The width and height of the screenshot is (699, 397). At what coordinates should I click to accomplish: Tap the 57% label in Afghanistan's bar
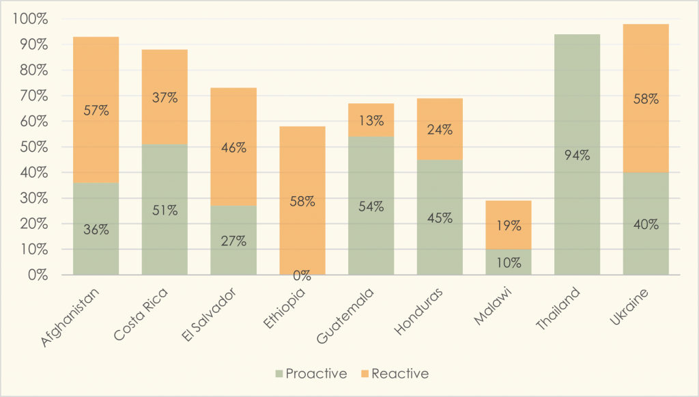96,109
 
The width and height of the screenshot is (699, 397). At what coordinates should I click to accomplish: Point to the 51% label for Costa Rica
165,210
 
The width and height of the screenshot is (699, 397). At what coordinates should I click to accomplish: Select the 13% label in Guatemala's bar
371,122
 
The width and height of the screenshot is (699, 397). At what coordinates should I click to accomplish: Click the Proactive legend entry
311,374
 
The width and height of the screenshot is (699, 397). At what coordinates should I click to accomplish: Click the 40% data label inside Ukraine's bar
645,224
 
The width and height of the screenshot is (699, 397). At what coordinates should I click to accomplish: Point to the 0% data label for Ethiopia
302,276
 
